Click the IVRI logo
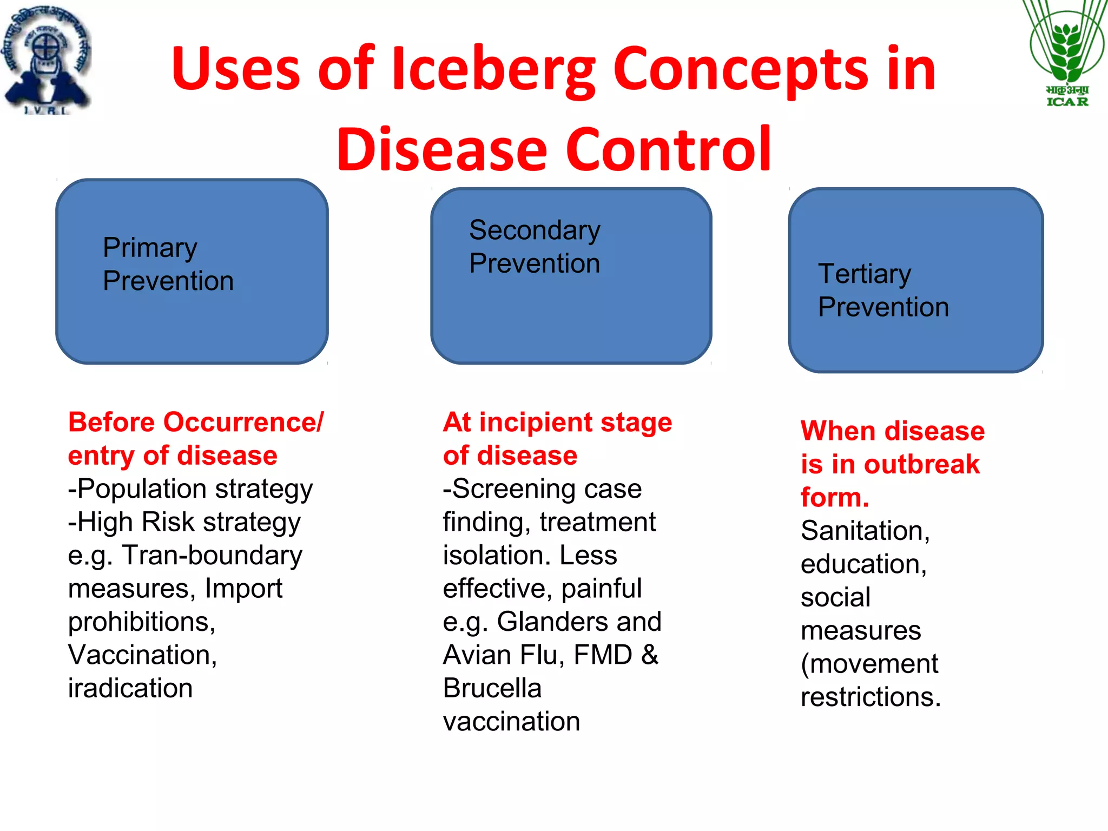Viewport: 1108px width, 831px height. point(48,60)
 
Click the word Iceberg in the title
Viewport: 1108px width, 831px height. point(493,69)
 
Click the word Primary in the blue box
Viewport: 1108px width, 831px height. point(150,248)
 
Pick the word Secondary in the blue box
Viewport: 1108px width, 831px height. point(535,231)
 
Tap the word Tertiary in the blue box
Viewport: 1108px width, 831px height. point(864,274)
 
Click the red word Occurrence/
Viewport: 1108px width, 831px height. point(243,422)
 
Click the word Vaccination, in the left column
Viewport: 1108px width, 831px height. point(142,655)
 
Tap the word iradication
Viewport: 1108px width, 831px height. point(130,688)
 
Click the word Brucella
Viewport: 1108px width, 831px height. point(492,688)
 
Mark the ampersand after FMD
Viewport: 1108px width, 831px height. point(650,655)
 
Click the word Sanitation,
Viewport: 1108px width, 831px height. point(865,531)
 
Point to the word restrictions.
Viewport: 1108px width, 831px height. point(870,697)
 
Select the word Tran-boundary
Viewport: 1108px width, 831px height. point(212,556)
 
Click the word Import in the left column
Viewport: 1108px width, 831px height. point(243,589)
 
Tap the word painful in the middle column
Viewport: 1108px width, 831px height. point(601,589)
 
